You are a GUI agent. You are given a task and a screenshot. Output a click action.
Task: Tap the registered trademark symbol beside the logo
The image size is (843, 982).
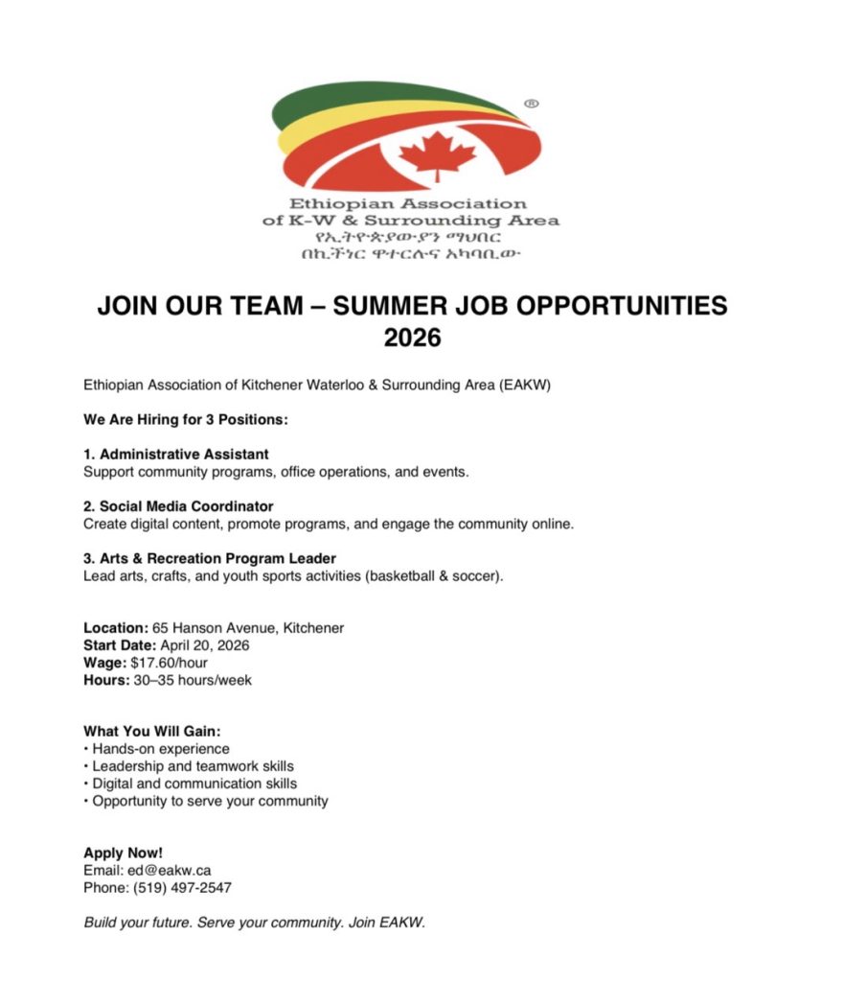pyautogui.click(x=532, y=102)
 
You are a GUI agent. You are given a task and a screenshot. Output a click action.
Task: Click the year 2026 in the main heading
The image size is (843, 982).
pyautogui.click(x=412, y=337)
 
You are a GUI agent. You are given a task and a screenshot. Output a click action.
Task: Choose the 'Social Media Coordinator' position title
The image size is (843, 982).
pyautogui.click(x=178, y=505)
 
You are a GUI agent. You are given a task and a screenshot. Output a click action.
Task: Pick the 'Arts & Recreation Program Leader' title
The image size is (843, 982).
pyautogui.click(x=210, y=558)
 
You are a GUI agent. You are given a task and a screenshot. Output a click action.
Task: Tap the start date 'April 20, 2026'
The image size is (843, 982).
pyautogui.click(x=205, y=645)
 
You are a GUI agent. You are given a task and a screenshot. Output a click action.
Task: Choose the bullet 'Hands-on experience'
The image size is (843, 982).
pyautogui.click(x=161, y=749)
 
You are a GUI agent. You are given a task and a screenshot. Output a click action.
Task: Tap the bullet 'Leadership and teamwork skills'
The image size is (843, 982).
pyautogui.click(x=193, y=766)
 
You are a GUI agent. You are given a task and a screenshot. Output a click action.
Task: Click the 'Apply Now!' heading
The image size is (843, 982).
pyautogui.click(x=124, y=853)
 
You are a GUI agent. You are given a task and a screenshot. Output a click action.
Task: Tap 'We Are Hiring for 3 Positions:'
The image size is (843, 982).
pyautogui.click(x=186, y=420)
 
